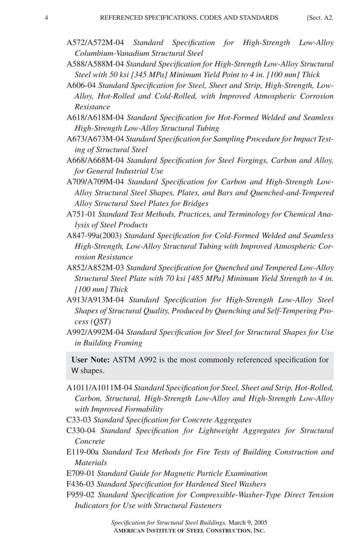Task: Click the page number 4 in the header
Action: (x=46, y=18)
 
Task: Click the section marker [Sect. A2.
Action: (x=320, y=18)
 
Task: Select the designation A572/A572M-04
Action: (x=95, y=42)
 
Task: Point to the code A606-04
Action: (x=81, y=85)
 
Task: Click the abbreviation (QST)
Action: (x=85, y=321)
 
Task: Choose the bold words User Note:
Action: (x=90, y=360)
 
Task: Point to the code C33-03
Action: (x=78, y=420)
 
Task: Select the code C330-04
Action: (x=81, y=431)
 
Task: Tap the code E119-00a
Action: (x=83, y=452)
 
